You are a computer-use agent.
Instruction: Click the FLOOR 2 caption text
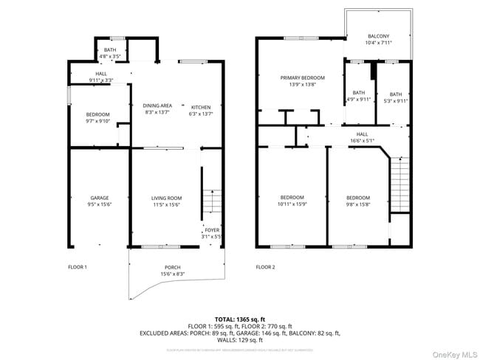(265, 266)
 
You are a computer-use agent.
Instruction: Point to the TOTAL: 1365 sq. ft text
(239, 319)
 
